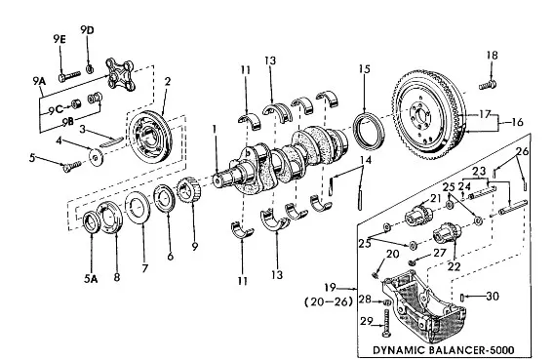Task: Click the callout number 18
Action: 492,55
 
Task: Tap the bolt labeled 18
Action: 488,85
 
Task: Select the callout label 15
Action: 364,68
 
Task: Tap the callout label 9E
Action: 59,39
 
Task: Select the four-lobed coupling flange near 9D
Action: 120,74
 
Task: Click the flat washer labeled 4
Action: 96,156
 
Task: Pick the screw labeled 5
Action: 72,166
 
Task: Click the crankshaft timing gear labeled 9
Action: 188,190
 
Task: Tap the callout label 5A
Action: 91,279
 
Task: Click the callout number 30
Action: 493,296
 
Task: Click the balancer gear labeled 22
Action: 447,233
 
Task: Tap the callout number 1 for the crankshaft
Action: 214,130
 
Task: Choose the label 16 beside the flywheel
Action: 517,122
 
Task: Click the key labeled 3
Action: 111,141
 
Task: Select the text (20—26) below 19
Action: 329,301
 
